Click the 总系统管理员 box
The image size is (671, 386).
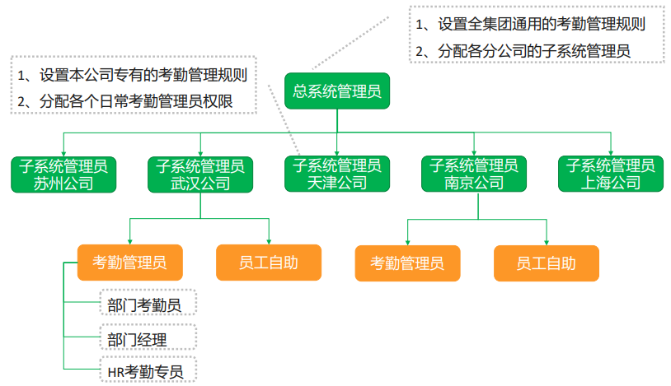[x=337, y=91]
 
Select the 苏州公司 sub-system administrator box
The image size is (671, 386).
[x=63, y=174]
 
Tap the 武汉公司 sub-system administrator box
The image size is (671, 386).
[x=200, y=174]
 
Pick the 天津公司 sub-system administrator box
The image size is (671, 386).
[x=337, y=174]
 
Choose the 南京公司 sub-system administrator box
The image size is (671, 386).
[x=474, y=174]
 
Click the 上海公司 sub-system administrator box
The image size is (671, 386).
[x=611, y=174]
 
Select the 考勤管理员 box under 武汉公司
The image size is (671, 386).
[x=129, y=263]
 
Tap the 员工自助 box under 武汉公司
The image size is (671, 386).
[x=268, y=263]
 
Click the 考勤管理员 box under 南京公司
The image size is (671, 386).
[x=407, y=263]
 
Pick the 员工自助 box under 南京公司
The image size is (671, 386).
[x=546, y=263]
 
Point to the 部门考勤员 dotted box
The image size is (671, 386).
[x=148, y=303]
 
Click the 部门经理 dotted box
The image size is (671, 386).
[x=148, y=337]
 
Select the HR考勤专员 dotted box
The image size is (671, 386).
[x=148, y=369]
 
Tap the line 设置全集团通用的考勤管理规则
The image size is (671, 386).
[x=530, y=24]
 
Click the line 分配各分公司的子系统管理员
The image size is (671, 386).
[x=523, y=51]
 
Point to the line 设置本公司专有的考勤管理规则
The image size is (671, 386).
[x=132, y=75]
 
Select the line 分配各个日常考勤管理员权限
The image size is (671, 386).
[x=125, y=102]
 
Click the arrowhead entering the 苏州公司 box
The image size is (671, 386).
[x=63, y=154]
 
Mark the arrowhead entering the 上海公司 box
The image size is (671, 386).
[x=611, y=153]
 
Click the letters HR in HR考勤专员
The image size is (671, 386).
[x=115, y=373]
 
